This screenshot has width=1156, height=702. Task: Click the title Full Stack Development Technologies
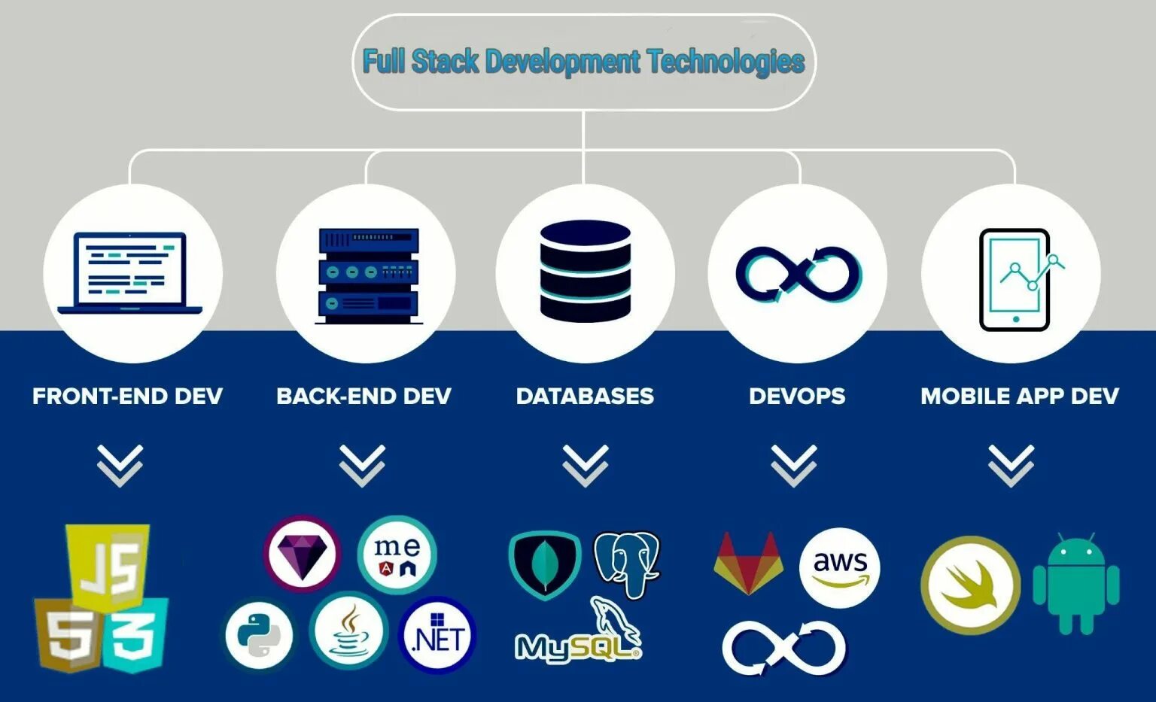click(584, 61)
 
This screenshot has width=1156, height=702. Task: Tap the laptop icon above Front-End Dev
click(130, 273)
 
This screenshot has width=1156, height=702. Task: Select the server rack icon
click(368, 276)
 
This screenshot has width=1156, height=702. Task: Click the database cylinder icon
click(585, 271)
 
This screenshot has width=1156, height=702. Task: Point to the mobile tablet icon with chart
click(1015, 279)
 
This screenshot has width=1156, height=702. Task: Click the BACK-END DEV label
click(364, 397)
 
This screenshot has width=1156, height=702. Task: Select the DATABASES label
click(585, 397)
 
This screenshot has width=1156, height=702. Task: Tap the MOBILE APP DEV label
click(1019, 397)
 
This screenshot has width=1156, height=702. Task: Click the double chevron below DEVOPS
click(793, 465)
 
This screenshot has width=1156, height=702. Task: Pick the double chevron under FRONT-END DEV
click(120, 465)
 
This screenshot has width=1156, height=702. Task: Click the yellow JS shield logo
click(108, 564)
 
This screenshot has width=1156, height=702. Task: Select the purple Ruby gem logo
click(302, 555)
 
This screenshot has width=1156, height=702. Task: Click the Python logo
click(259, 636)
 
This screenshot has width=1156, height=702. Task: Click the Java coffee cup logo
click(349, 631)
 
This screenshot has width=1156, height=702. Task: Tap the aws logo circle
click(839, 567)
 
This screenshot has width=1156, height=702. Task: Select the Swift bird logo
click(971, 585)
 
